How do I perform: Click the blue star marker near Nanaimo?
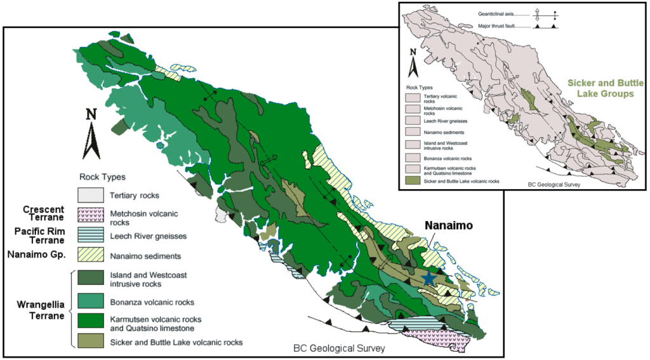click(430, 277)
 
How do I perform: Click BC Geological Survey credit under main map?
click(339, 349)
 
